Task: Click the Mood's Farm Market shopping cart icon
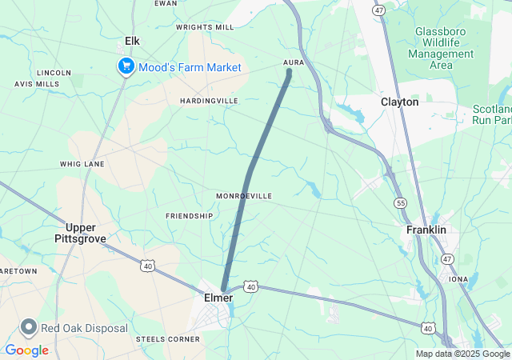tap(126, 67)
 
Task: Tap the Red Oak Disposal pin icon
tap(30, 327)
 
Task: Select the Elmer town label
tap(214, 298)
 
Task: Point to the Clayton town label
tap(399, 102)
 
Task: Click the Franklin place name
tap(426, 230)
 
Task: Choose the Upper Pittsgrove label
tap(80, 233)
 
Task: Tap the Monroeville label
tap(244, 196)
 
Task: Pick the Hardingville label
tap(209, 101)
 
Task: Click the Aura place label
tap(294, 62)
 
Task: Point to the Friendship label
tap(190, 216)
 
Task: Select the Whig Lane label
tap(82, 164)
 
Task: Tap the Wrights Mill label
tap(205, 27)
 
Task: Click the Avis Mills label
tap(37, 84)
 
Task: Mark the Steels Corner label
tap(168, 339)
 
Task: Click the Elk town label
tap(133, 41)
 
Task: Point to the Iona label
tap(458, 279)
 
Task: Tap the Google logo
tap(26, 350)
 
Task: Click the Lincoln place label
tap(54, 72)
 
